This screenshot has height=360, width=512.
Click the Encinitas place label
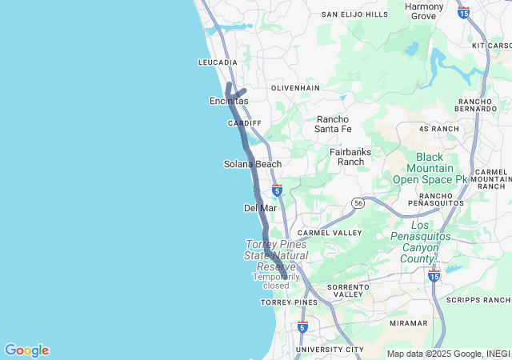(229, 101)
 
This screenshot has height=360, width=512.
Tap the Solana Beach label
(252, 164)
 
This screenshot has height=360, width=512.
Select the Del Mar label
(260, 208)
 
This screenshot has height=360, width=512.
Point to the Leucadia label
(218, 62)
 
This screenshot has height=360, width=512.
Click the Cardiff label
(245, 123)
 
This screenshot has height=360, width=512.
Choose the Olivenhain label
(295, 87)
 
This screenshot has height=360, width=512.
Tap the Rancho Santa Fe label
(333, 124)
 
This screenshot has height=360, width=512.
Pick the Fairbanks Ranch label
(346, 156)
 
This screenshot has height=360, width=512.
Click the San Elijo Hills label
(354, 14)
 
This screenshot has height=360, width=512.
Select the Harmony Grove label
(424, 11)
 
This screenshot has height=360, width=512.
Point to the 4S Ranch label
(439, 128)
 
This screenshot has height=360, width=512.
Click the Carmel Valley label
(330, 232)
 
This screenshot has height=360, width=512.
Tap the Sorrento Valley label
(348, 290)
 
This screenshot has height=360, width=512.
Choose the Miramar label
(408, 323)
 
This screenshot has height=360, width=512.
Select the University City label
(330, 350)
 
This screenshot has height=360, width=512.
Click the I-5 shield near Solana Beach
(276, 190)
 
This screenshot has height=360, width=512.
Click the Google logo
(26, 350)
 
